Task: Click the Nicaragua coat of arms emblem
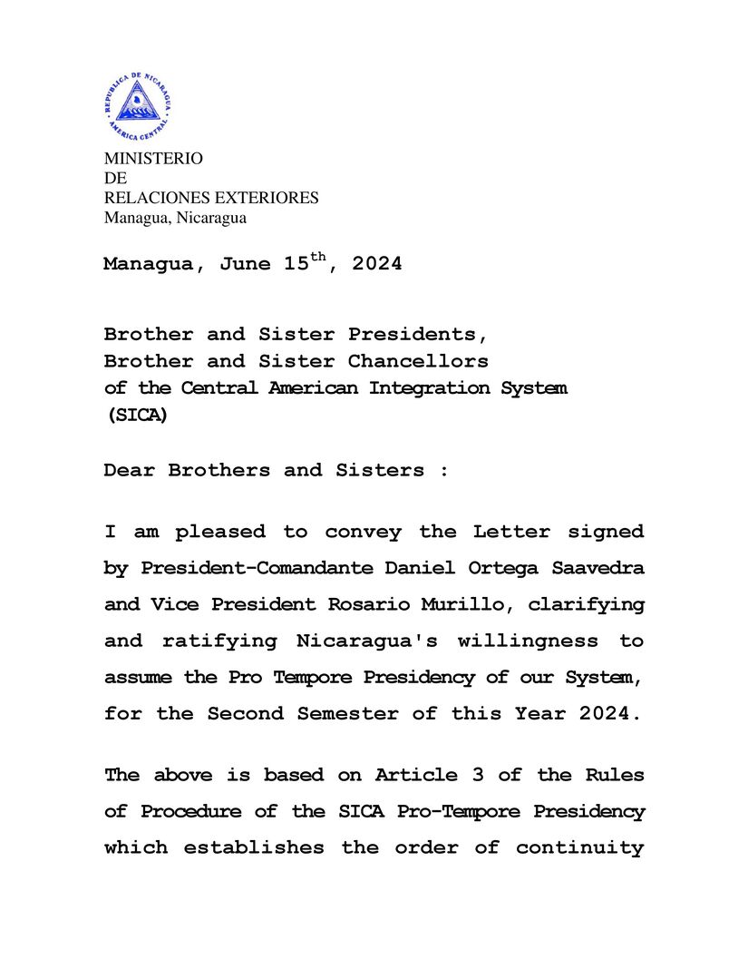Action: click(138, 106)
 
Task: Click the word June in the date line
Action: click(245, 265)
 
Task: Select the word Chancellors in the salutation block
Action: click(418, 361)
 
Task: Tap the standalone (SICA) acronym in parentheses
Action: click(136, 416)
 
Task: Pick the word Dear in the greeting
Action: click(130, 470)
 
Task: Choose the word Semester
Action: click(348, 713)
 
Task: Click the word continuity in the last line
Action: click(580, 847)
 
